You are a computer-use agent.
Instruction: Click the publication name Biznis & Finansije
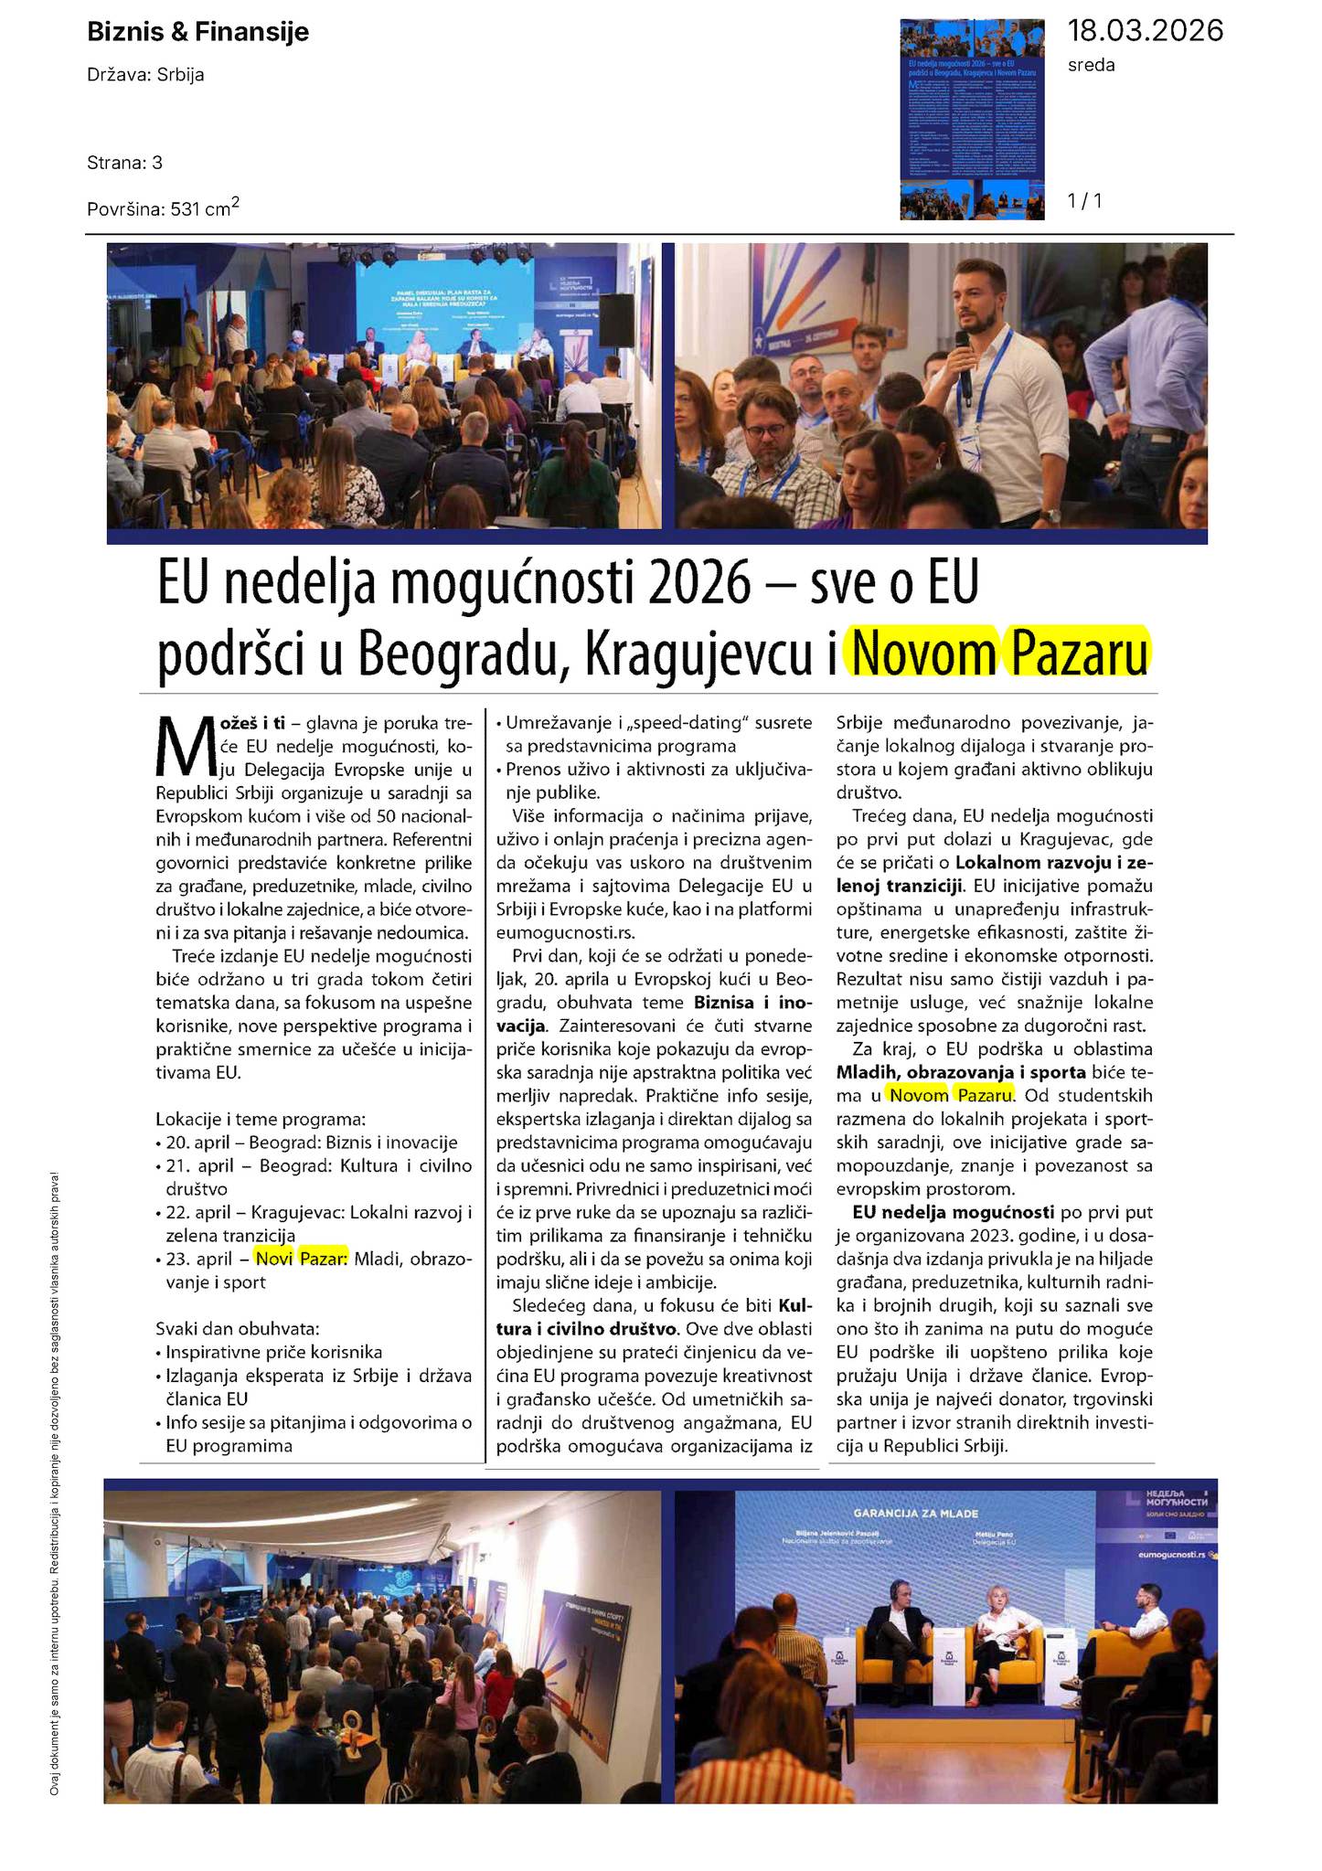click(197, 33)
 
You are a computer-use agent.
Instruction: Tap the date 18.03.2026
click(1145, 31)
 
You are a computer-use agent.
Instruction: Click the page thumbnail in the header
click(973, 120)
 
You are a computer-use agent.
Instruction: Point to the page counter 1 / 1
click(1084, 200)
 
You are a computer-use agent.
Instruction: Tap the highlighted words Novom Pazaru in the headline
click(999, 654)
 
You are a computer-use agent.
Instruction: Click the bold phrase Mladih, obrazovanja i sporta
click(961, 1072)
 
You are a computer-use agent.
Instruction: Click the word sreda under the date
click(1091, 66)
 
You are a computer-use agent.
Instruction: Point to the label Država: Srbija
click(145, 75)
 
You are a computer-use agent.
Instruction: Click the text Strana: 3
click(124, 163)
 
